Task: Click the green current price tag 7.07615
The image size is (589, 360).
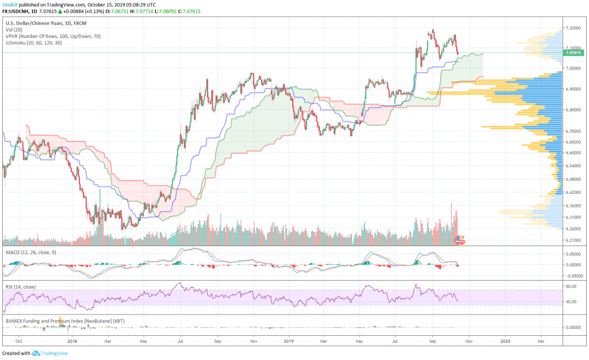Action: [x=572, y=53]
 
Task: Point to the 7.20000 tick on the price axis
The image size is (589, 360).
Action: [x=572, y=28]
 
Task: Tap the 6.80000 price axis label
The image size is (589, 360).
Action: [x=572, y=110]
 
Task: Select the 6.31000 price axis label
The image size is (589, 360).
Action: [x=572, y=217]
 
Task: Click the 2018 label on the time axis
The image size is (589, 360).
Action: [x=72, y=340]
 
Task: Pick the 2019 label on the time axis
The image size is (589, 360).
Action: [x=289, y=340]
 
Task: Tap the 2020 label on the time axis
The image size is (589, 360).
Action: [x=506, y=340]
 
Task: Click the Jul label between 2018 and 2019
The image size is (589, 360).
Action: [x=181, y=340]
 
